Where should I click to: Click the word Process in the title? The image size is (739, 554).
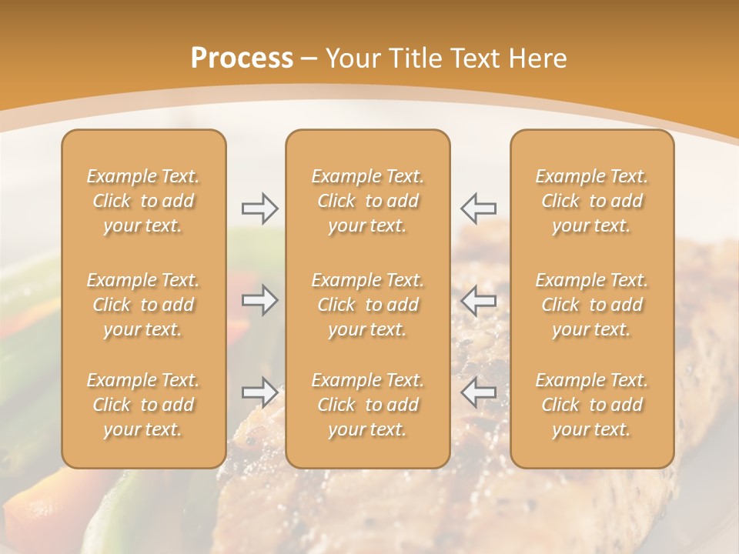[242, 58]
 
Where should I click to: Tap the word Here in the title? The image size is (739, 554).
[537, 58]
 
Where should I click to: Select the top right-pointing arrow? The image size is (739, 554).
[259, 208]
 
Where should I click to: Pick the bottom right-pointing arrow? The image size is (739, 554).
[259, 392]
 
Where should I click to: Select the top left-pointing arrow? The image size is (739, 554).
[479, 208]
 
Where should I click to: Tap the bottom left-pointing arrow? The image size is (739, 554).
[479, 392]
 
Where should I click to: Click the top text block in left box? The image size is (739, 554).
[143, 201]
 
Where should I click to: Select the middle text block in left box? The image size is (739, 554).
[143, 305]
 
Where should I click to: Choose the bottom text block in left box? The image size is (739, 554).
[143, 405]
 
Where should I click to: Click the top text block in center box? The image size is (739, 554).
[367, 201]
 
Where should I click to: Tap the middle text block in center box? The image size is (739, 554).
[367, 305]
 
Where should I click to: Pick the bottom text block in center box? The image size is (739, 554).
[367, 405]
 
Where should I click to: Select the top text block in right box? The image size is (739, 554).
[591, 201]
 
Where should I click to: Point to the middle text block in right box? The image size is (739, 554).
[591, 305]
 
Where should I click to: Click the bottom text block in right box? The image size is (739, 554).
[591, 405]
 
